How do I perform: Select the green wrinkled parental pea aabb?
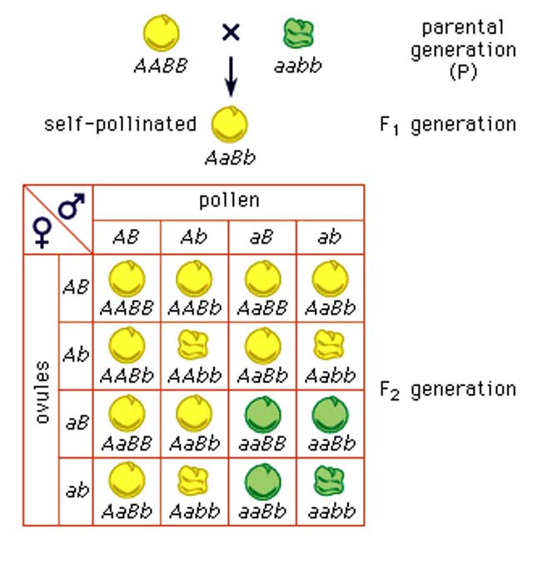click(296, 34)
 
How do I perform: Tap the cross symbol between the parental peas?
click(231, 33)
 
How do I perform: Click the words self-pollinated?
click(120, 125)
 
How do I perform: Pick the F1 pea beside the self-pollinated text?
click(229, 124)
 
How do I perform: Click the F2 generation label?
click(447, 389)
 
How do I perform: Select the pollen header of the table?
click(228, 201)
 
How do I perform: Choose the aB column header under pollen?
click(262, 236)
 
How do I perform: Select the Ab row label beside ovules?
click(75, 353)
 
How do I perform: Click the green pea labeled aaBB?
click(262, 413)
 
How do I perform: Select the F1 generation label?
click(447, 125)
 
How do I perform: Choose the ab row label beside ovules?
click(75, 491)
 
